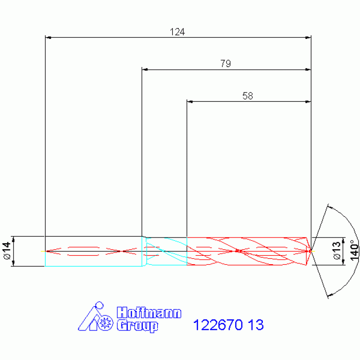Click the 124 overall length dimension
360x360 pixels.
tap(177, 32)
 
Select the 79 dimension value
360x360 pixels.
tap(226, 63)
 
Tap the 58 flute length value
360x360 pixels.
tap(248, 96)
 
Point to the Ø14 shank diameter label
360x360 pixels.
tap(8, 251)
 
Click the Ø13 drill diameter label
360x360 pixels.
tap(337, 251)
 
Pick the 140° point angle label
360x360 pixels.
tap(354, 251)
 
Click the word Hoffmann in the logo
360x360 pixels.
tap(149, 313)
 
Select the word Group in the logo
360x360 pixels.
tap(138, 326)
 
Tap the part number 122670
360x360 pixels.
tap(218, 325)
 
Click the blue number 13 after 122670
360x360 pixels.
tap(256, 325)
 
